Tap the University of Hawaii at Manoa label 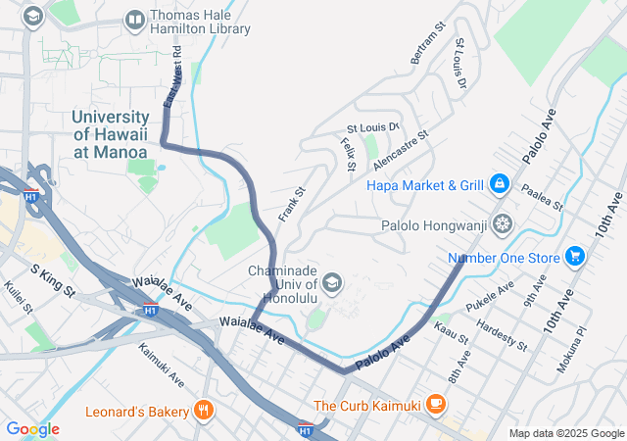coord(110,135)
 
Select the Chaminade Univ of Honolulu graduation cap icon coord(332,284)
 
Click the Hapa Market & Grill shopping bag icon coord(499,184)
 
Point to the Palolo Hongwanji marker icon coord(503,225)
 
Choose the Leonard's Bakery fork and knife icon coord(204,411)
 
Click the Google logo coord(32,429)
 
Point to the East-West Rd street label coord(172,77)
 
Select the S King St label coord(53,280)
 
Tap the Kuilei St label coord(19,298)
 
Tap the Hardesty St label coord(502,335)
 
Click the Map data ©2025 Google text coord(565,433)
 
